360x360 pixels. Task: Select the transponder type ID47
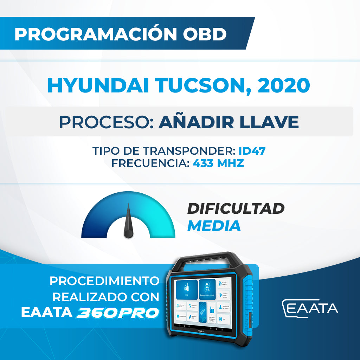pos(252,151)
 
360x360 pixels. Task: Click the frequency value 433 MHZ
pos(218,163)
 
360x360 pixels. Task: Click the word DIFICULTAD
pos(235,209)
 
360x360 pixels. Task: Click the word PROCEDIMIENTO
pos(104,281)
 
